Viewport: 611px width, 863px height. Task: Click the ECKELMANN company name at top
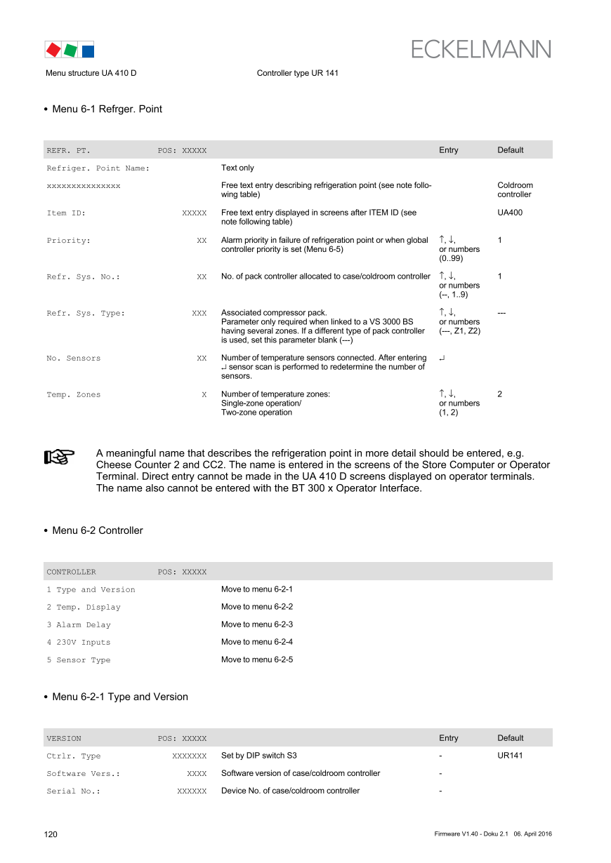coord(480,49)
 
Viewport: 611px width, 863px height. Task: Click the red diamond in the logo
coord(52,49)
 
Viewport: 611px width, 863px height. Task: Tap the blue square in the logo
coord(88,51)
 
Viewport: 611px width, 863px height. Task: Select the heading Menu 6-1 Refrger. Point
coord(107,109)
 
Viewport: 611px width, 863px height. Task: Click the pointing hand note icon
coord(59,457)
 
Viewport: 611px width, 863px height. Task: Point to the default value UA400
coord(509,213)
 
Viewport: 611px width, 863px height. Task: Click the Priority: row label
coord(69,241)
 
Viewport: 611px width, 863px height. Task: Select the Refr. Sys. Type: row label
coord(86,314)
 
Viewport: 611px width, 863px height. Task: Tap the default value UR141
coord(509,756)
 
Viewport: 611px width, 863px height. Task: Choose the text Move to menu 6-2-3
coord(256,624)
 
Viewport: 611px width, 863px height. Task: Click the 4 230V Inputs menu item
coord(79,643)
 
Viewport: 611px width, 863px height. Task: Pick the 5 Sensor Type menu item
coord(79,660)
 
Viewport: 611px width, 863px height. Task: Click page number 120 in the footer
coord(51,834)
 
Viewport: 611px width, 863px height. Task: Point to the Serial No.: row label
coord(73,791)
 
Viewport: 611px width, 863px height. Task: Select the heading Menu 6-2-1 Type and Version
coord(119,697)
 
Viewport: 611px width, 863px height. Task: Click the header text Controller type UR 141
coord(297,73)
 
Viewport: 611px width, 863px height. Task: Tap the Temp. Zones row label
coord(74,395)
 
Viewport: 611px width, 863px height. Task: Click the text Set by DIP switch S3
coord(258,756)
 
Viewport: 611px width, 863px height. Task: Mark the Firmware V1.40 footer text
coord(455,834)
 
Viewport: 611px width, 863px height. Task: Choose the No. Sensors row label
coord(74,359)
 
